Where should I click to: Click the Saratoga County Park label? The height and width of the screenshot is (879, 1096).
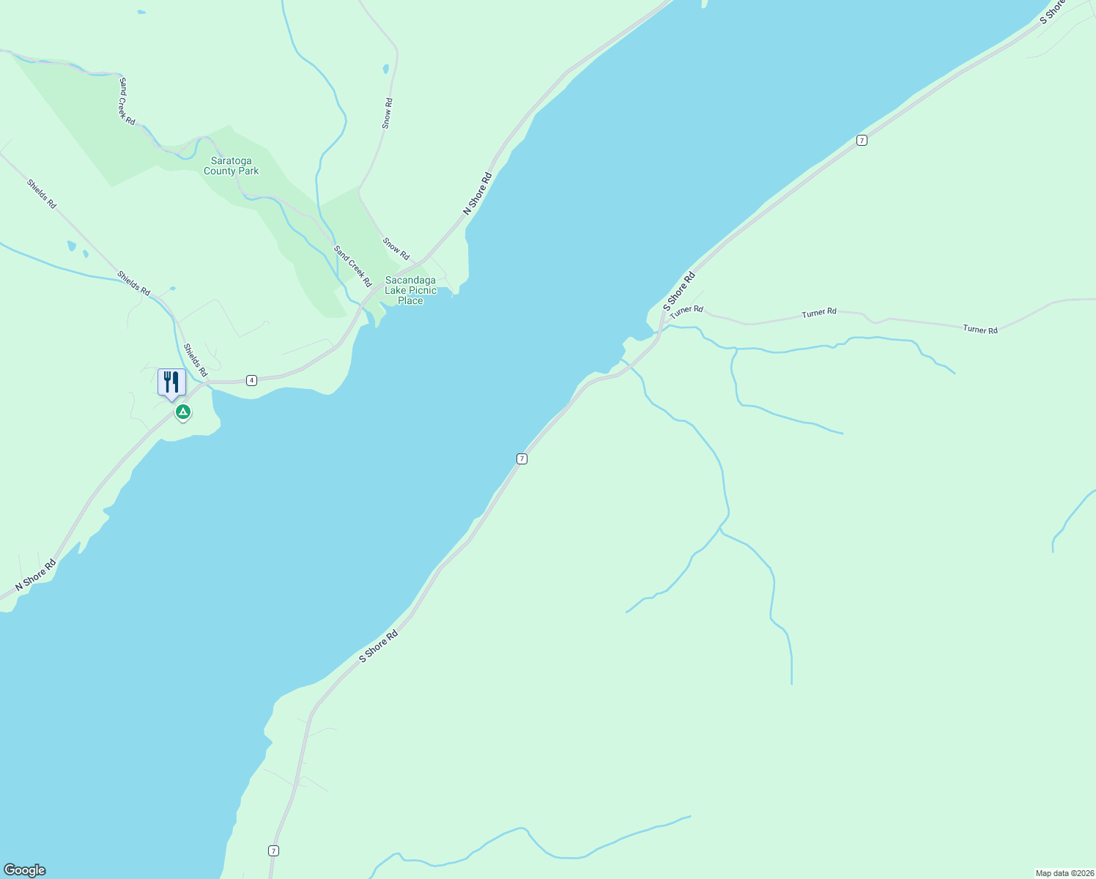(x=232, y=166)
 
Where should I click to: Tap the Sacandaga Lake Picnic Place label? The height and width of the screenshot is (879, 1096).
(x=410, y=290)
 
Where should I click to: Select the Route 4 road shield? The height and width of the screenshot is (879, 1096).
(x=251, y=380)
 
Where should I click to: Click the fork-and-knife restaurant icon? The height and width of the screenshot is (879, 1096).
(x=171, y=382)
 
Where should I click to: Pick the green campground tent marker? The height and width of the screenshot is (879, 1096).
(x=183, y=412)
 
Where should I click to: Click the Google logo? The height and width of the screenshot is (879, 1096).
(x=25, y=870)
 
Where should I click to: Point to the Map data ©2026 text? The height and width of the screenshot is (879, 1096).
(x=1064, y=873)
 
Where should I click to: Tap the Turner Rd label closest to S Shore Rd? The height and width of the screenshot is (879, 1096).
(x=686, y=311)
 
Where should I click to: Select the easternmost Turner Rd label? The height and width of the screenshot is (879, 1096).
(x=980, y=330)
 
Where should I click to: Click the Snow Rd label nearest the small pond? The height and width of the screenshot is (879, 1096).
(x=388, y=114)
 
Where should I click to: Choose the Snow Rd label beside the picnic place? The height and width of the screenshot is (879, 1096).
(x=396, y=248)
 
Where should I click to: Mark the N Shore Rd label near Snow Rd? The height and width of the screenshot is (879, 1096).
(x=477, y=193)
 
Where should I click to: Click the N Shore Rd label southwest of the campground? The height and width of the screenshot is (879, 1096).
(x=36, y=576)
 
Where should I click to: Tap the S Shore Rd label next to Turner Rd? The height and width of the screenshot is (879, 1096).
(x=678, y=291)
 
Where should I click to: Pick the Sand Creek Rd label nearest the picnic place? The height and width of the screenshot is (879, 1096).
(x=352, y=266)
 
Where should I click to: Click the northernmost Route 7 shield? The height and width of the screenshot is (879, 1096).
(x=862, y=141)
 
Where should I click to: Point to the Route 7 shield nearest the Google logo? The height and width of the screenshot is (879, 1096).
(x=273, y=850)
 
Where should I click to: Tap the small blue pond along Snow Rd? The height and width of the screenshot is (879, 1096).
(x=385, y=70)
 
